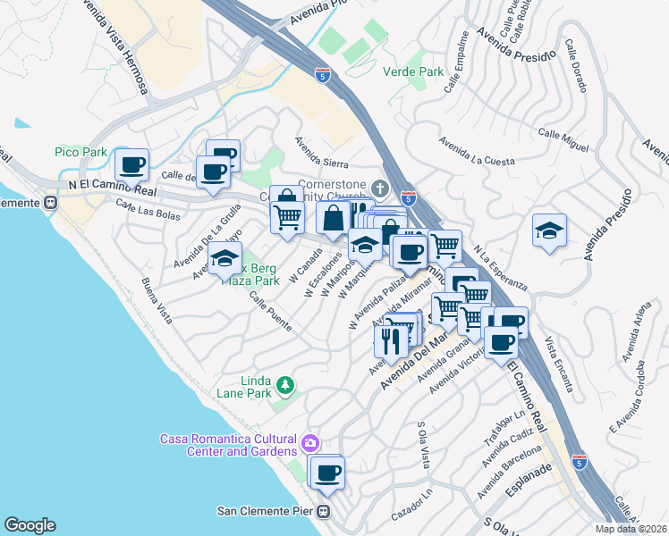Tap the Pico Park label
point(80,153)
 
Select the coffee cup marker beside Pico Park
point(131,164)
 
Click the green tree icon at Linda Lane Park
point(284,385)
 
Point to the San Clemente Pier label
point(267,512)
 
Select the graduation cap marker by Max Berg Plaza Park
point(224,259)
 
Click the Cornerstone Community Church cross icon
point(380,188)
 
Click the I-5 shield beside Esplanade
point(580,462)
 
